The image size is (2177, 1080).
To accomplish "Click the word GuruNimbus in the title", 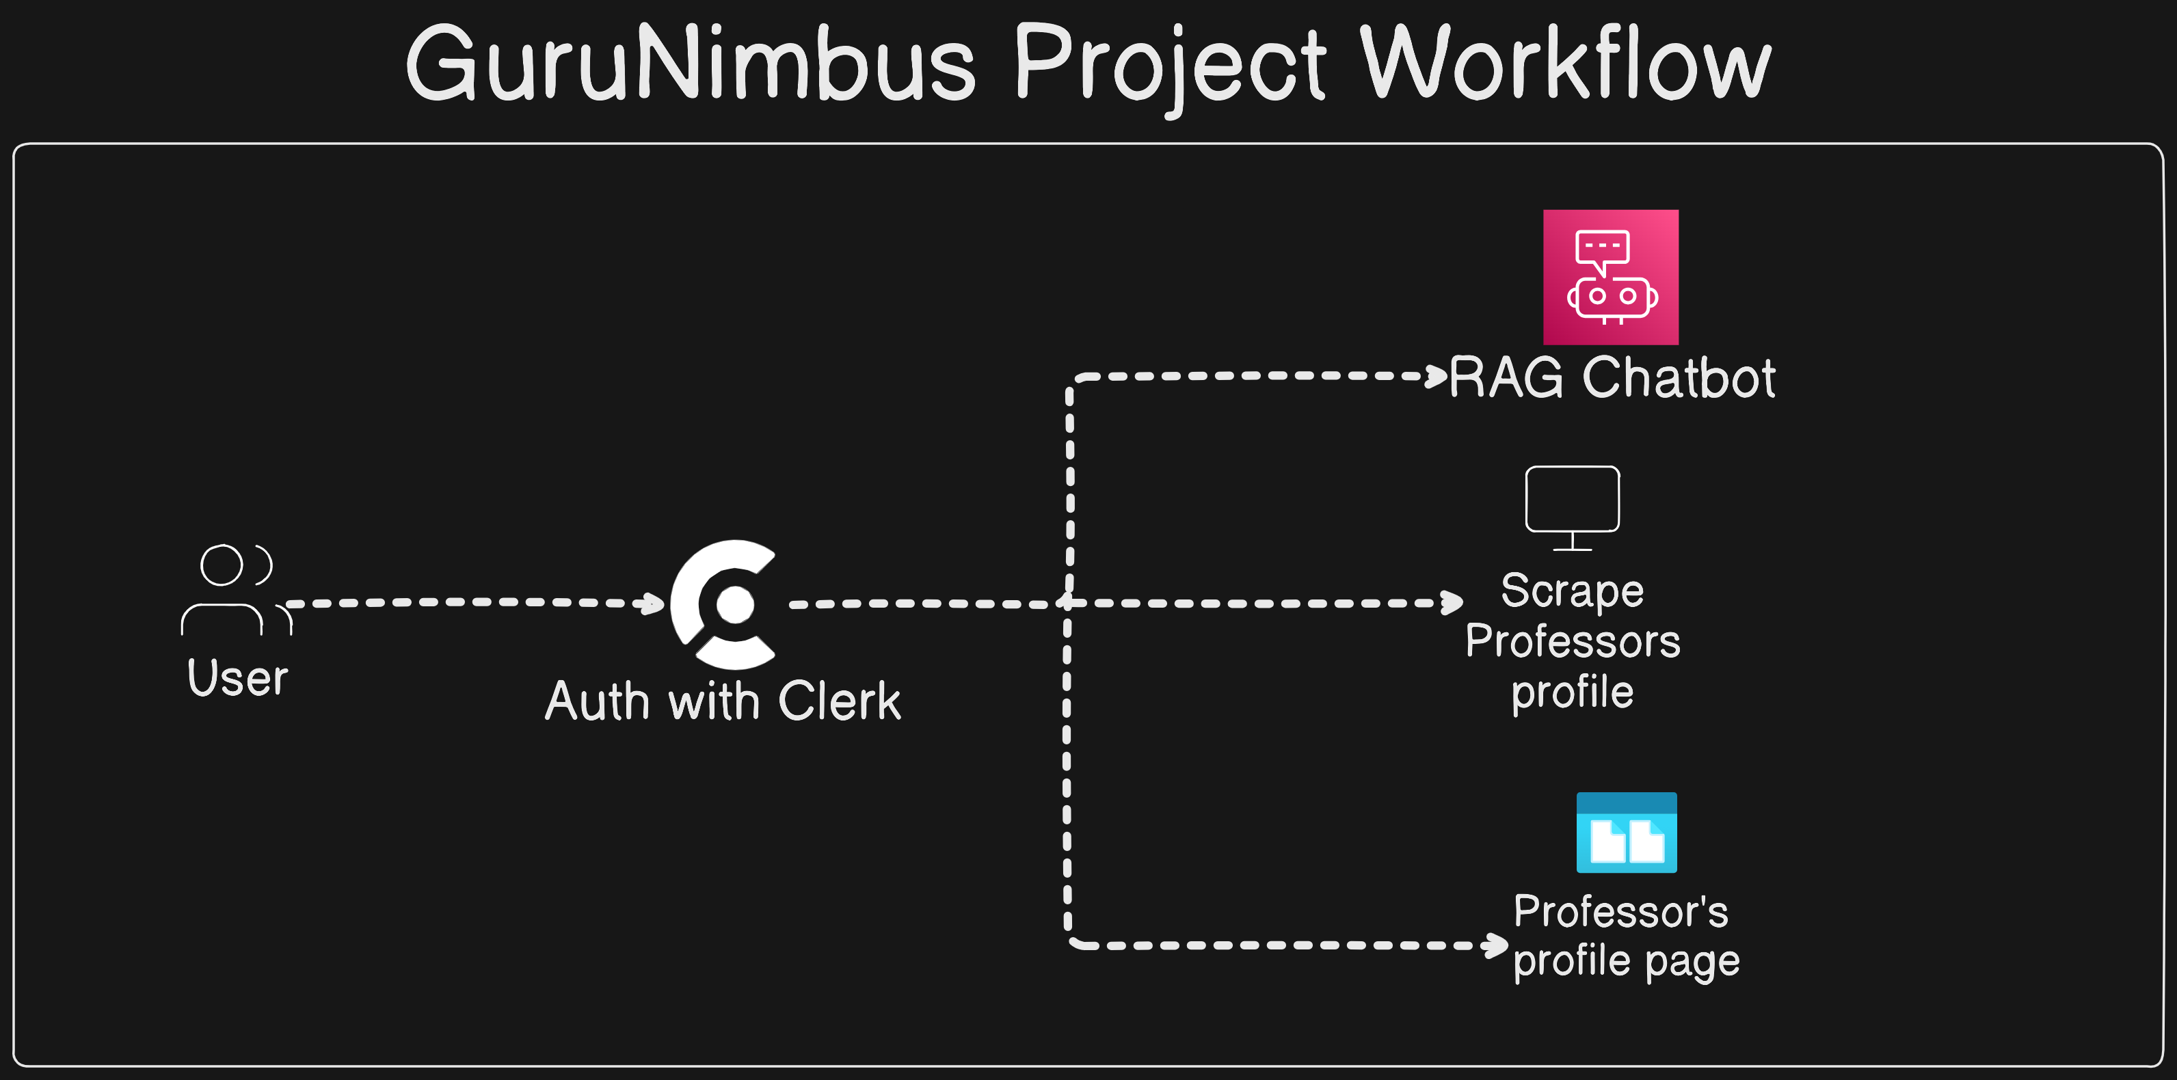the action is (x=691, y=64).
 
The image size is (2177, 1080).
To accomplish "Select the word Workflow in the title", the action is (x=1564, y=64).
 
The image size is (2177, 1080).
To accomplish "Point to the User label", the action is (x=237, y=678).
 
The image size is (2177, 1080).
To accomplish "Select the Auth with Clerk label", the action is (x=723, y=701).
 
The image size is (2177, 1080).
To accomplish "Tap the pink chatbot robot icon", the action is (x=1610, y=278).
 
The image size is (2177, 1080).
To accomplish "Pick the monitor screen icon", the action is (x=1572, y=507).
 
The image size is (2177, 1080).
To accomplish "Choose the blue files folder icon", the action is (x=1626, y=833).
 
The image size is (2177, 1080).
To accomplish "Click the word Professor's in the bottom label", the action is (x=1620, y=911).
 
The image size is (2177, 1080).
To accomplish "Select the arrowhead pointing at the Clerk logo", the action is (x=653, y=604).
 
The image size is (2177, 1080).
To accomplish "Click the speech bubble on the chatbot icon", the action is (x=1601, y=250).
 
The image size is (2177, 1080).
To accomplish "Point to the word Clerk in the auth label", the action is (x=839, y=701).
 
